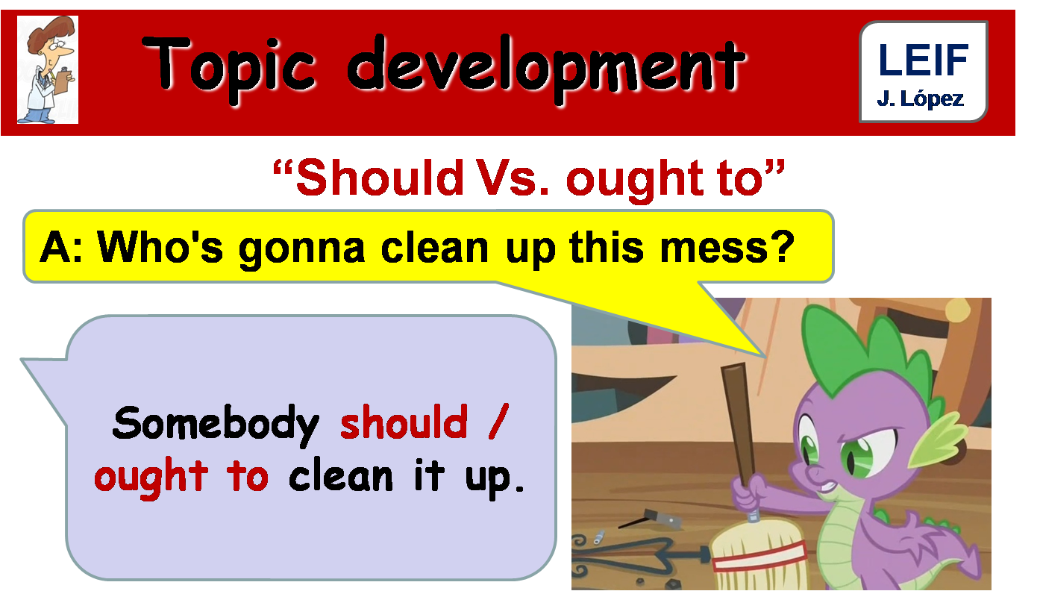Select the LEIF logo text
(923, 60)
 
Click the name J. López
(921, 98)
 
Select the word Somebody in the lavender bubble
(216, 424)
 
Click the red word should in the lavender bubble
(404, 423)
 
